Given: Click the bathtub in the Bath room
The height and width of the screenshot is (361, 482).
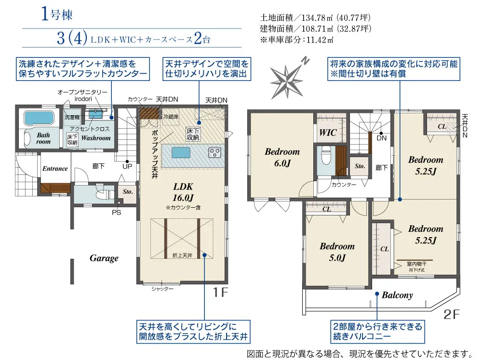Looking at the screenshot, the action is click(39, 119).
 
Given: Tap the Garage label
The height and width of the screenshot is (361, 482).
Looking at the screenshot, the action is click(104, 258).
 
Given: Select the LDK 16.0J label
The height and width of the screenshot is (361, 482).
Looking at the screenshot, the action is click(183, 192).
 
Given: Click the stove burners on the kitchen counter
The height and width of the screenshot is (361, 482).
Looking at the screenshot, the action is click(214, 152).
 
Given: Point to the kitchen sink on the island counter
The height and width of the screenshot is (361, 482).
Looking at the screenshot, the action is click(181, 152).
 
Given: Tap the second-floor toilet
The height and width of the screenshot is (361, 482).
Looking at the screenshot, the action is click(326, 155).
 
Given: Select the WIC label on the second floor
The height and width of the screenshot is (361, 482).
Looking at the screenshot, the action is click(328, 133).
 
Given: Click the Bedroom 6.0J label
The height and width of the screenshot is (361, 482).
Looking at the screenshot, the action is click(282, 157).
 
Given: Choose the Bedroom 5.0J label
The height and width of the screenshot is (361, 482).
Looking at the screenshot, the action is click(337, 252).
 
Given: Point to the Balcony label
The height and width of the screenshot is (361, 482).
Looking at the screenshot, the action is click(397, 295).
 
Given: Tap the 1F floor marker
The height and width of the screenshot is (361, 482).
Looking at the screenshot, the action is click(220, 292).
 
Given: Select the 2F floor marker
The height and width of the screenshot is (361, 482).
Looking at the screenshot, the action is click(451, 314).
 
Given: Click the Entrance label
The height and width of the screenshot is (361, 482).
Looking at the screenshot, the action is click(55, 169).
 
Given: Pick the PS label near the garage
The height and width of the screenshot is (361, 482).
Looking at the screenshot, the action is click(116, 213).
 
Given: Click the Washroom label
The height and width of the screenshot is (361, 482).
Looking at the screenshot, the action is click(96, 138).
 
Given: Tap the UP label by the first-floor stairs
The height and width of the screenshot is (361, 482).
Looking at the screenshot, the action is click(127, 166).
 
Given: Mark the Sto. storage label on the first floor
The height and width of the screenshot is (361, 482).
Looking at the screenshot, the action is click(128, 191).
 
